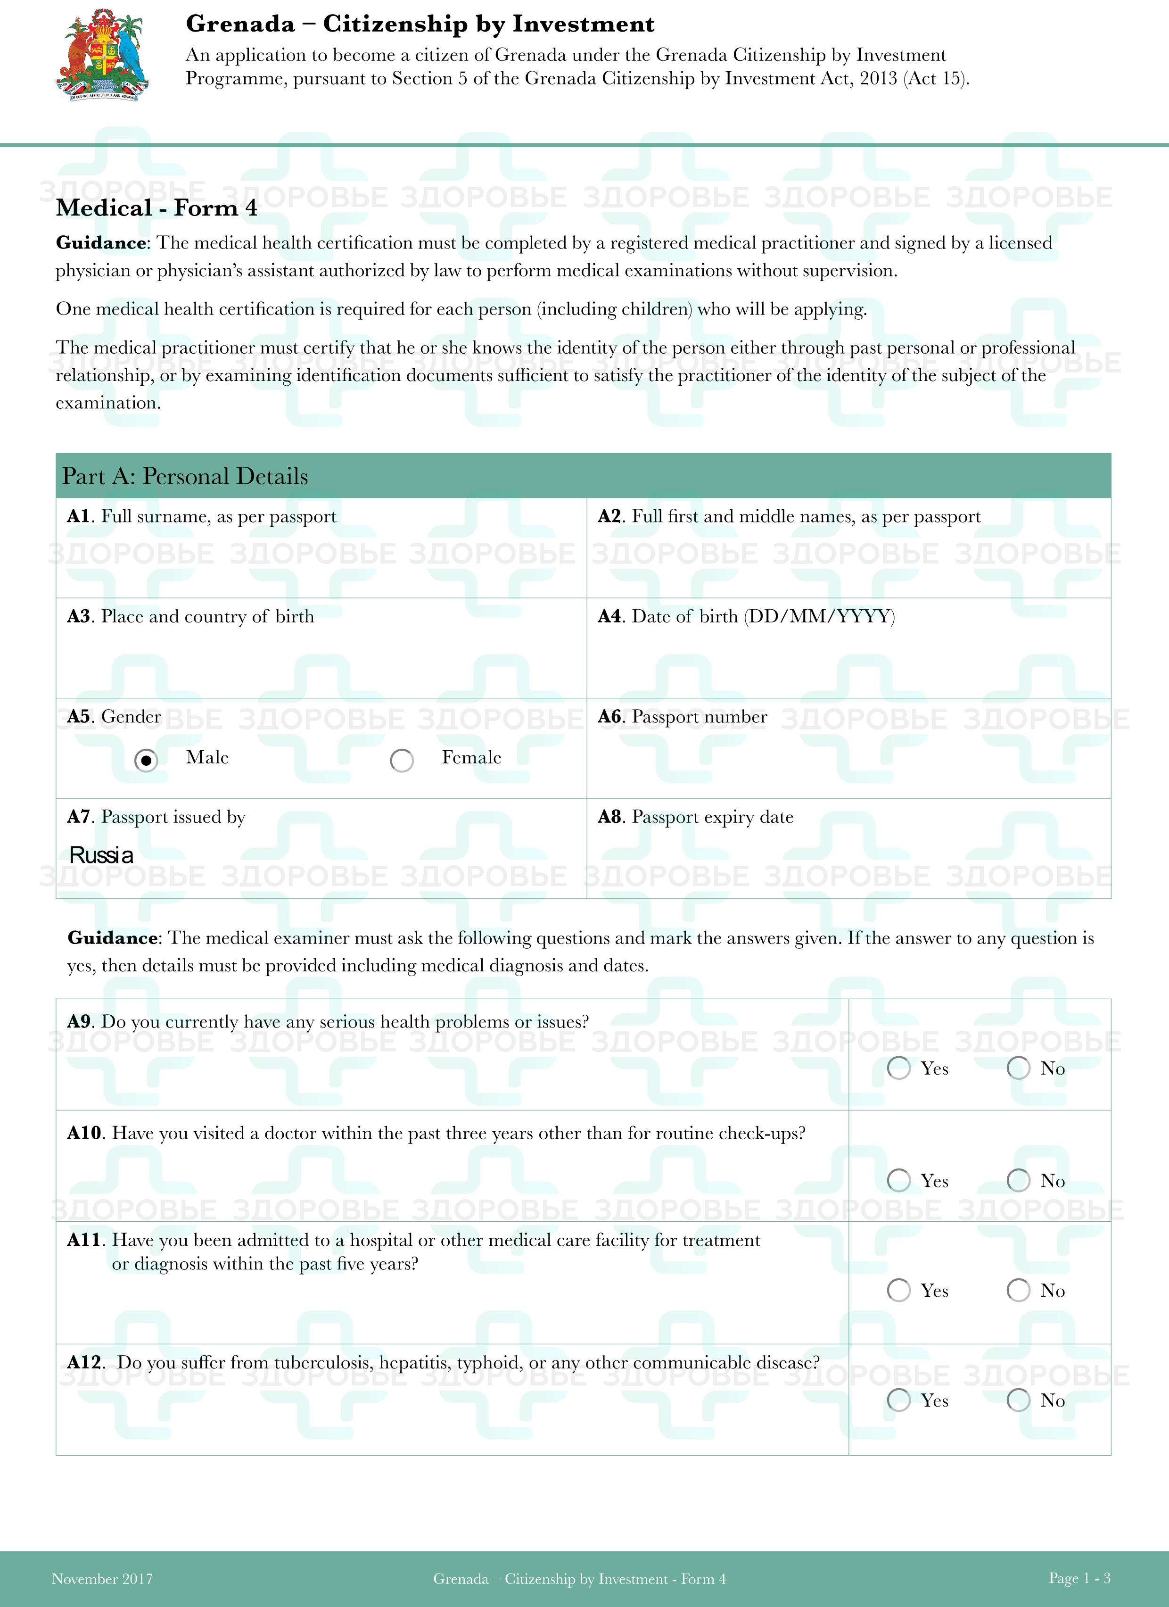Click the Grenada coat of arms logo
tap(103, 55)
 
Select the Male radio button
tap(146, 760)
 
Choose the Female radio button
tap(402, 760)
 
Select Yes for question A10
tap(898, 1180)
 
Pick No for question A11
tap(1018, 1290)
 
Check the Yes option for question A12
tap(898, 1400)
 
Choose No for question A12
tap(1018, 1400)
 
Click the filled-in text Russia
tap(101, 855)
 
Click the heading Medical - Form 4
tap(156, 207)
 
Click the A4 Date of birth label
tap(746, 616)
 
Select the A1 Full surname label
tap(202, 516)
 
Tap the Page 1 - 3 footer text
tap(1079, 1578)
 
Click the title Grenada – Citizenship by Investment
tap(420, 24)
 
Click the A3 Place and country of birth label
tap(190, 616)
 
